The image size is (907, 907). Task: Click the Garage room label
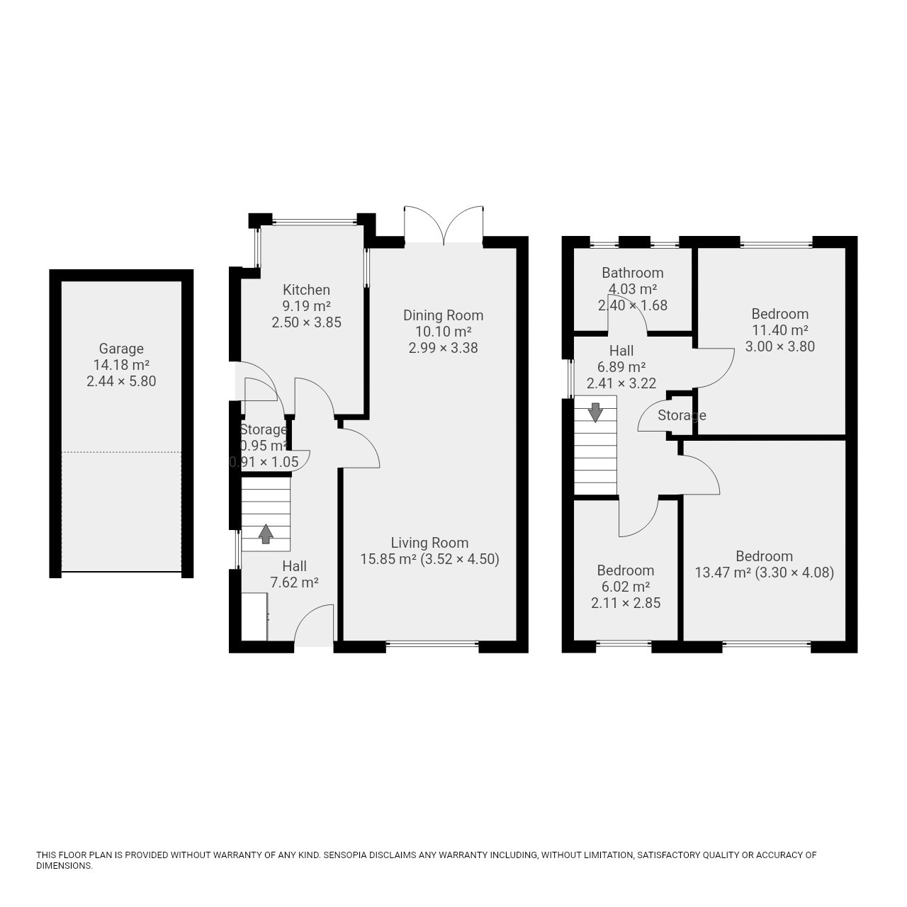click(x=121, y=349)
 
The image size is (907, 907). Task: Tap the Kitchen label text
click(x=306, y=290)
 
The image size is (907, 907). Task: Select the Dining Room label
click(x=443, y=315)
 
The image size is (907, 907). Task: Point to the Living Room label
click(x=429, y=543)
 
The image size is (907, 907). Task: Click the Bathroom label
click(x=633, y=273)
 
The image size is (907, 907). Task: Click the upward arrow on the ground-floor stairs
click(x=266, y=534)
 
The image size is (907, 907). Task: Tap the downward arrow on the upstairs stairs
click(x=595, y=412)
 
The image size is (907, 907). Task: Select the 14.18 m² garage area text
click(x=121, y=365)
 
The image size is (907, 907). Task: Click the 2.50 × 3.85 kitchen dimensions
click(x=306, y=322)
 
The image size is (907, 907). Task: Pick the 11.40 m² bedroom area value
click(x=780, y=330)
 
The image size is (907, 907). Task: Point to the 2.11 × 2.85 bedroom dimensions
click(x=626, y=603)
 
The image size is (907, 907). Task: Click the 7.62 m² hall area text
click(x=295, y=582)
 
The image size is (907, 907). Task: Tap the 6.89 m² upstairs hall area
click(x=621, y=367)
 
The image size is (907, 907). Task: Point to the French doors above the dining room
click(x=444, y=226)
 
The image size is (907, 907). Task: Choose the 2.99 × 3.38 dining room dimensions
click(x=443, y=348)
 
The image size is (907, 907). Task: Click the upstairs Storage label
click(x=682, y=415)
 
